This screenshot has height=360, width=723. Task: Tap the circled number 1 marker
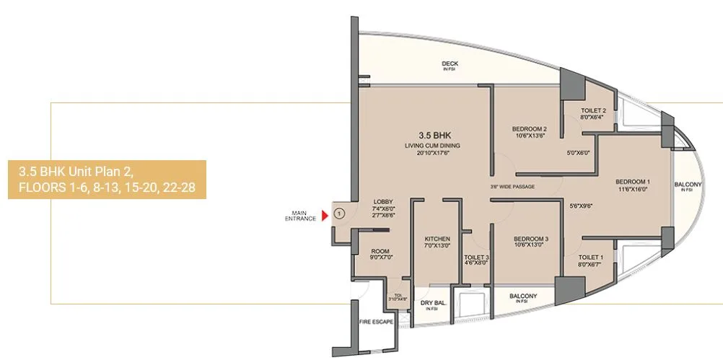339,214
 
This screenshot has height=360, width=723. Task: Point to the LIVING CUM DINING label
433,146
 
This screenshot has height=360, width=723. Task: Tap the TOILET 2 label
593,110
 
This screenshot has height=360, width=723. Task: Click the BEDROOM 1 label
634,181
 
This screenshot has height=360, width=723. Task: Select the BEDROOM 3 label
531,239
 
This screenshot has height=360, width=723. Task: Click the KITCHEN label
437,239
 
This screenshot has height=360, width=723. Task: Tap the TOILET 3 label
477,257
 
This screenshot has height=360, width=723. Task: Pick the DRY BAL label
431,303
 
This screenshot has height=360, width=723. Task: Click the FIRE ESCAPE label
376,321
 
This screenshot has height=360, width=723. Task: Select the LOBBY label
382,201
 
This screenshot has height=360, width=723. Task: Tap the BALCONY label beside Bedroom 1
688,185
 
